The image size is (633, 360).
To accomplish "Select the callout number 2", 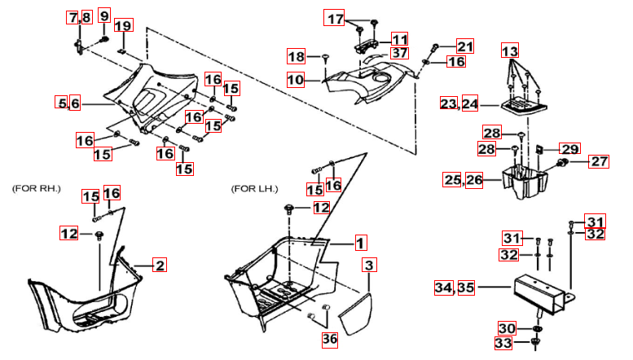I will (160, 265).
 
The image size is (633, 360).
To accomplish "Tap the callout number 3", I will (369, 266).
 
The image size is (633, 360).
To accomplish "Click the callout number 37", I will (398, 53).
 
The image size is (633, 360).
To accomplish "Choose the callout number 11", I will (398, 39).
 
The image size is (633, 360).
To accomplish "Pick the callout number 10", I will (295, 80).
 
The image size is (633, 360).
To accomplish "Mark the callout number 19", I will (122, 26).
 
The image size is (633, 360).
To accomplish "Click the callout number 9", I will (103, 16).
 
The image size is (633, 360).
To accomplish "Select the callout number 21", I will (464, 46).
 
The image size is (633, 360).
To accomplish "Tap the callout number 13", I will (509, 50).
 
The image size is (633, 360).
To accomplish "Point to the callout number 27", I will (599, 161).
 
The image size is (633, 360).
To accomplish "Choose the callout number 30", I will (507, 328).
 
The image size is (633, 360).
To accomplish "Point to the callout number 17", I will (336, 18).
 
